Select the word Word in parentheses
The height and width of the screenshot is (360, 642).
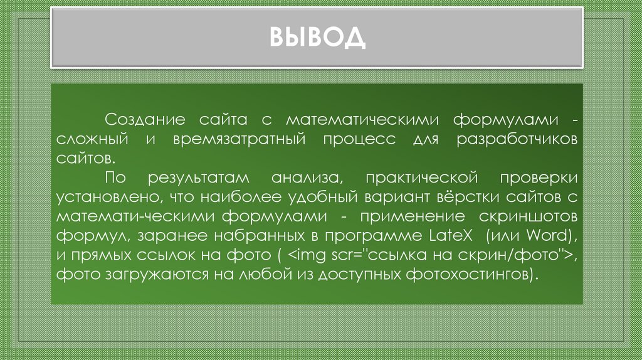[x=546, y=236]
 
